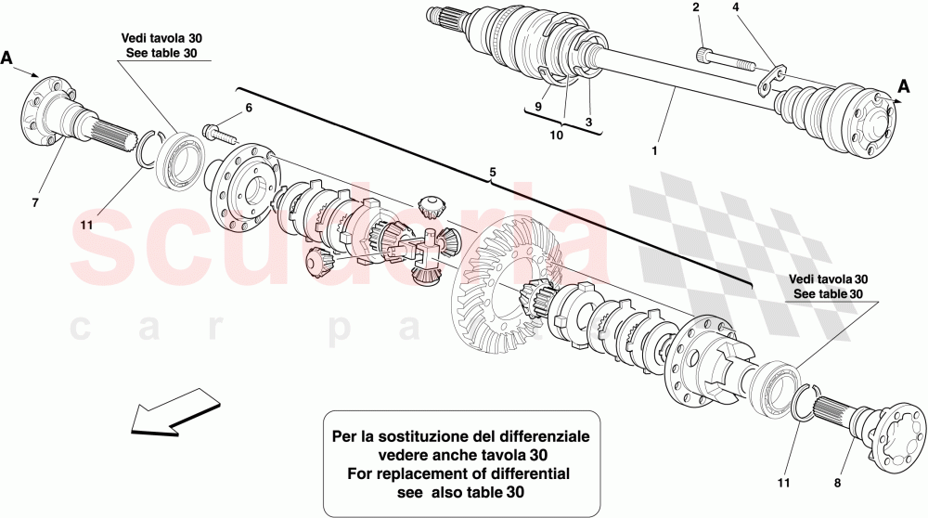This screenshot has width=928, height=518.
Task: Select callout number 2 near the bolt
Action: click(x=695, y=8)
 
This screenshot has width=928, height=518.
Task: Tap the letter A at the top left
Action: click(x=7, y=57)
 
